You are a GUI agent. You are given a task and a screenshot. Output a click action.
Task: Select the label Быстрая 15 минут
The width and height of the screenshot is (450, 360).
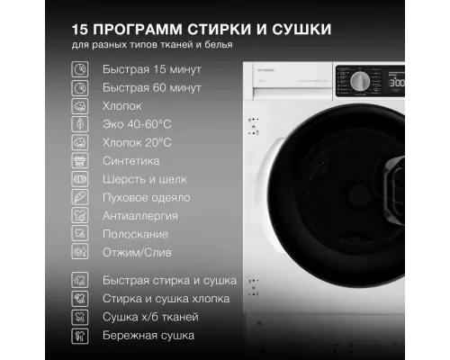pos(152,68)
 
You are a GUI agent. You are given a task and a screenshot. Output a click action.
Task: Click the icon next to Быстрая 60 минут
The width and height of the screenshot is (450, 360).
pos(81,87)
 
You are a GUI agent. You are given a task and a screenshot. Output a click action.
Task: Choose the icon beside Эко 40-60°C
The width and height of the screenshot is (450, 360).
pos(81,124)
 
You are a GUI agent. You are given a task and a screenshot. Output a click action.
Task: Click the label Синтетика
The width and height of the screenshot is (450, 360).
pos(131,161)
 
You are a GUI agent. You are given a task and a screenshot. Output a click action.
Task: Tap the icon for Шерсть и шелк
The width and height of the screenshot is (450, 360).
pos(81,179)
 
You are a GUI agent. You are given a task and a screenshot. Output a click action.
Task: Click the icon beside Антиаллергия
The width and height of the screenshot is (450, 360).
pos(81,216)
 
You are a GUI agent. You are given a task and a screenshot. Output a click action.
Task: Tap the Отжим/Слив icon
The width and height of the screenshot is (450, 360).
pos(81,253)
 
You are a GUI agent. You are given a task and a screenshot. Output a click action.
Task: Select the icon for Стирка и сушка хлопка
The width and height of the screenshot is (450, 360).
pos(81,298)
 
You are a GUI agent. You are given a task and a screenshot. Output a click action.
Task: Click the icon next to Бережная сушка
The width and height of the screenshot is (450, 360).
pos(81,335)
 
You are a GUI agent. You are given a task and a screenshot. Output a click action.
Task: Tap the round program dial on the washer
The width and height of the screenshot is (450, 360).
pos(358,81)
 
